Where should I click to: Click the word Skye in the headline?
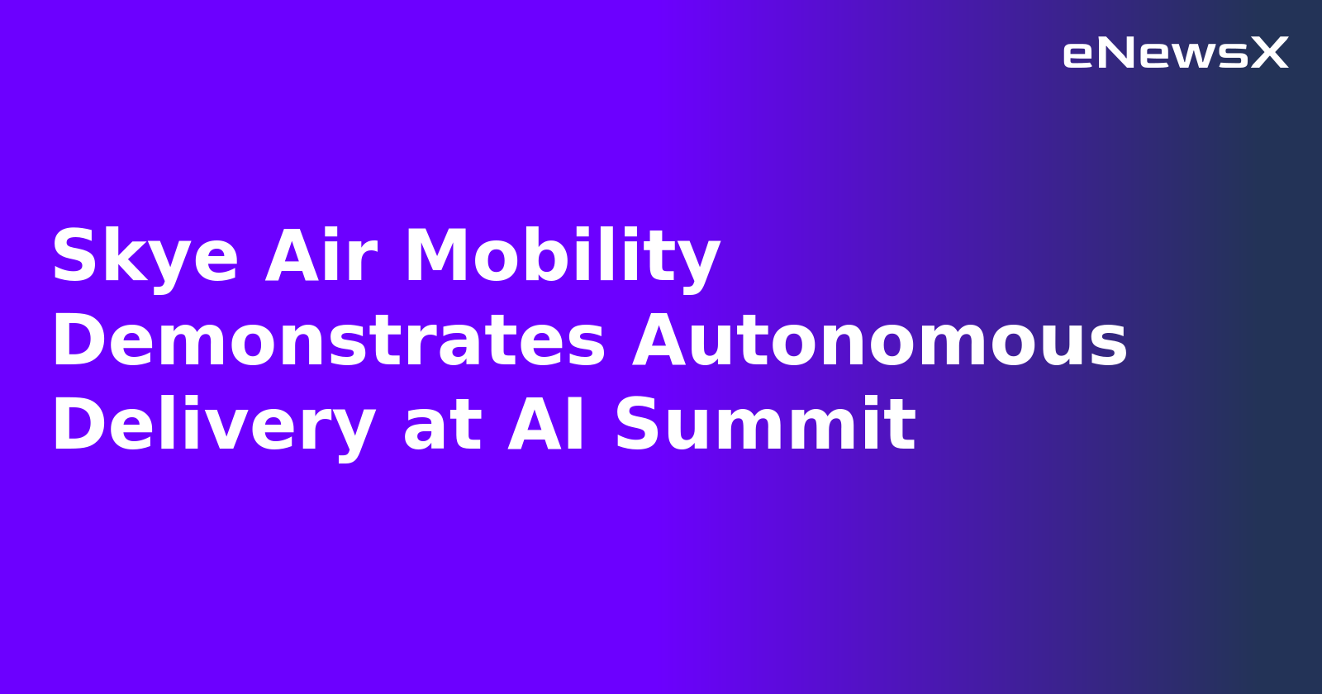click(x=145, y=256)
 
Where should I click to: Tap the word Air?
click(x=321, y=256)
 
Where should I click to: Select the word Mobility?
click(x=562, y=256)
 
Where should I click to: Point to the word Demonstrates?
click(x=329, y=340)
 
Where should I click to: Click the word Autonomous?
click(x=880, y=340)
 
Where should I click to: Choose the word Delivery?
click(x=213, y=426)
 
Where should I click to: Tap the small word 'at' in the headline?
click(x=442, y=426)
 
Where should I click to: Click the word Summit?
click(x=765, y=425)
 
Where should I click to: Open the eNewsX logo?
click(x=1175, y=53)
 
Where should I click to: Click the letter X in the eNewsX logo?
click(x=1269, y=53)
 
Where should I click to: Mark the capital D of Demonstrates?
click(x=75, y=340)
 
